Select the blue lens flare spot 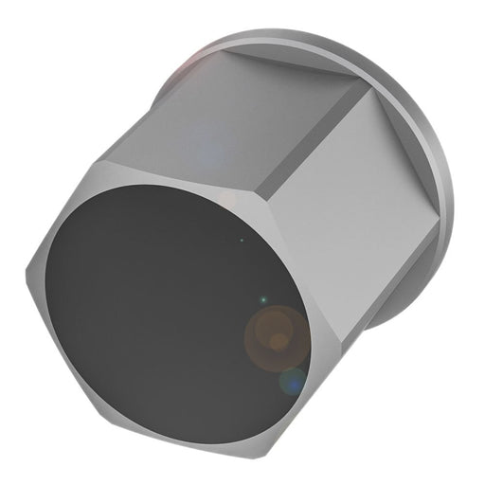293,383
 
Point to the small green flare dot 263,300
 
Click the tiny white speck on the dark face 242,240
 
